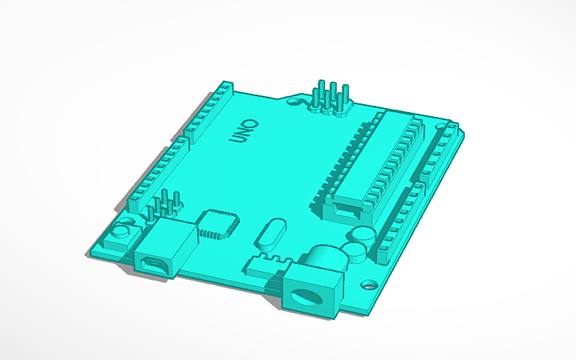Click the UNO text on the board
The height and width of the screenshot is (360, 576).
[244, 131]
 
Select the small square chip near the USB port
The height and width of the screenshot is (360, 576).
[217, 224]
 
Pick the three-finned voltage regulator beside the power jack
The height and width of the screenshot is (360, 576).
[272, 263]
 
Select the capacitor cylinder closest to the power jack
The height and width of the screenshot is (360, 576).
[356, 252]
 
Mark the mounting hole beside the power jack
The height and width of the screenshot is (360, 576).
[369, 283]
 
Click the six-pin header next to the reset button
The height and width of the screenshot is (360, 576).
[164, 205]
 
